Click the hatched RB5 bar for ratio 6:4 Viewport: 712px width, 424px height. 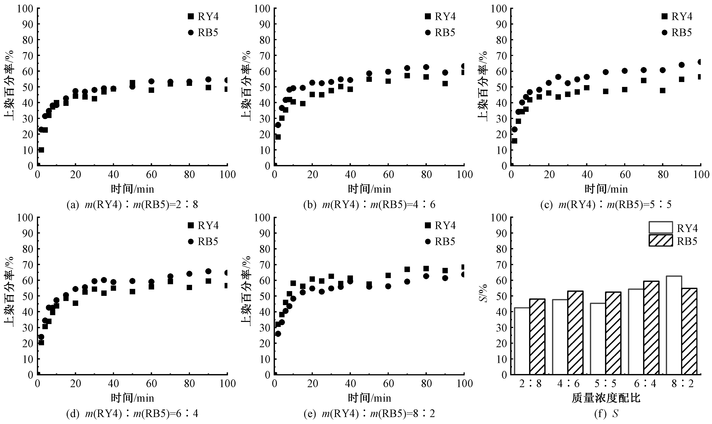point(651,328)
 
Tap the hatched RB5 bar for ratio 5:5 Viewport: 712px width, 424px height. point(613,333)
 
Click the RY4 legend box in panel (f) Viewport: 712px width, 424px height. point(661,227)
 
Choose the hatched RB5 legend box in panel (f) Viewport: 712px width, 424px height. point(661,241)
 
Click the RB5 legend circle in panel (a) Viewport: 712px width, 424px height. point(191,33)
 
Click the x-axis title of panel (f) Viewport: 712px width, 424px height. point(606,398)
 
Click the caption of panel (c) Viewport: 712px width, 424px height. point(606,205)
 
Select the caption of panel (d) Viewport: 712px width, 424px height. point(132,413)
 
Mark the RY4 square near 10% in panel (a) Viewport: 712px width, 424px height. point(41,150)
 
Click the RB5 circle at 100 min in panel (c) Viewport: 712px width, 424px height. point(700,62)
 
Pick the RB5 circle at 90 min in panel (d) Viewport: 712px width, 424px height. point(208,271)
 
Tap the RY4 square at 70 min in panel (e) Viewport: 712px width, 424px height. point(407,269)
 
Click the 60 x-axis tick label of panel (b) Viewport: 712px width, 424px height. point(388,175)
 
